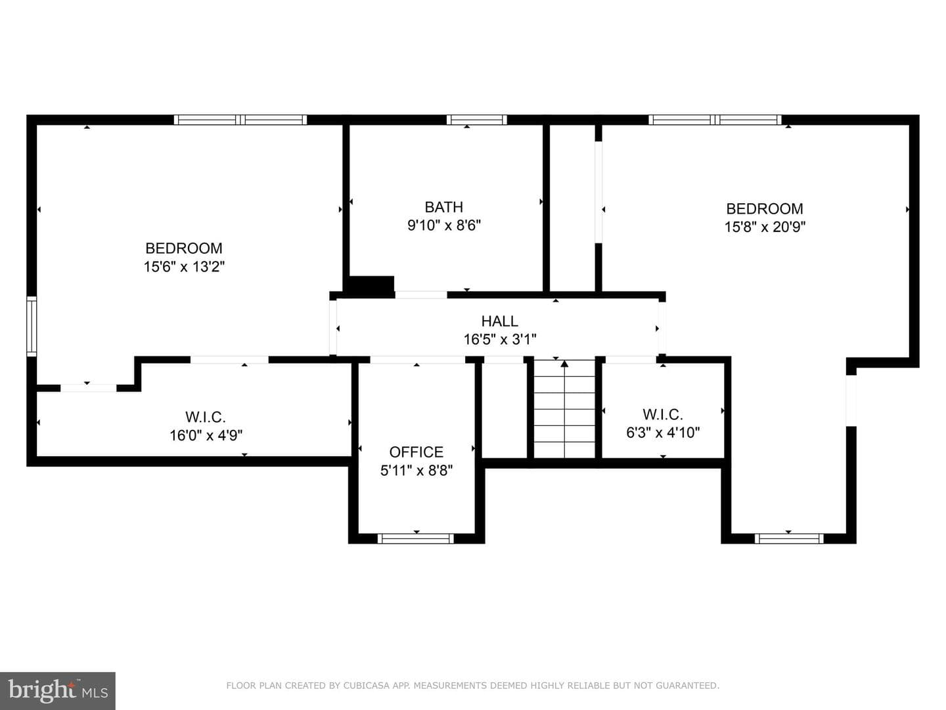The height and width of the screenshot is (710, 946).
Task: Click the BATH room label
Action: (x=444, y=207)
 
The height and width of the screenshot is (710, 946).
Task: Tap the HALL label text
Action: (x=499, y=321)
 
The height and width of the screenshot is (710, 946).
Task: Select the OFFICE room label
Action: (x=416, y=452)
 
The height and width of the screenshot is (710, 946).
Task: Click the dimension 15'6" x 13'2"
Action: (x=184, y=267)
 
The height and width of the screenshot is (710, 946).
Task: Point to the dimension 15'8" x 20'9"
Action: (x=765, y=227)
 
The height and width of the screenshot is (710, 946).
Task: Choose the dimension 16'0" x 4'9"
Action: (x=206, y=435)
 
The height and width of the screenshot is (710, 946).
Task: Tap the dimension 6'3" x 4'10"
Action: (x=663, y=433)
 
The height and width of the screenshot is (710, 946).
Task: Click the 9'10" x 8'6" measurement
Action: (x=444, y=225)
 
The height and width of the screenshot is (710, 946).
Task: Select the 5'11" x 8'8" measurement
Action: (x=417, y=470)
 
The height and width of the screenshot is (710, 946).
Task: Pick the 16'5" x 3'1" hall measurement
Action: (x=500, y=340)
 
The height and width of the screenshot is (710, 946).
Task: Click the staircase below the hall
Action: (x=564, y=409)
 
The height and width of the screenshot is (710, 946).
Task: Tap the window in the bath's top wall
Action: (x=477, y=120)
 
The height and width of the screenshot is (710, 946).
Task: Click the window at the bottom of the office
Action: (x=416, y=538)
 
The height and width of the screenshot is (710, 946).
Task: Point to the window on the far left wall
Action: (x=32, y=326)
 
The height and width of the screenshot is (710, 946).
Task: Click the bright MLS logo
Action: (x=58, y=690)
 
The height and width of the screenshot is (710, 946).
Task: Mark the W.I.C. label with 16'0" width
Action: (x=206, y=417)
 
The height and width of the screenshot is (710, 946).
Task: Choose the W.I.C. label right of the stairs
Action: (x=663, y=414)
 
